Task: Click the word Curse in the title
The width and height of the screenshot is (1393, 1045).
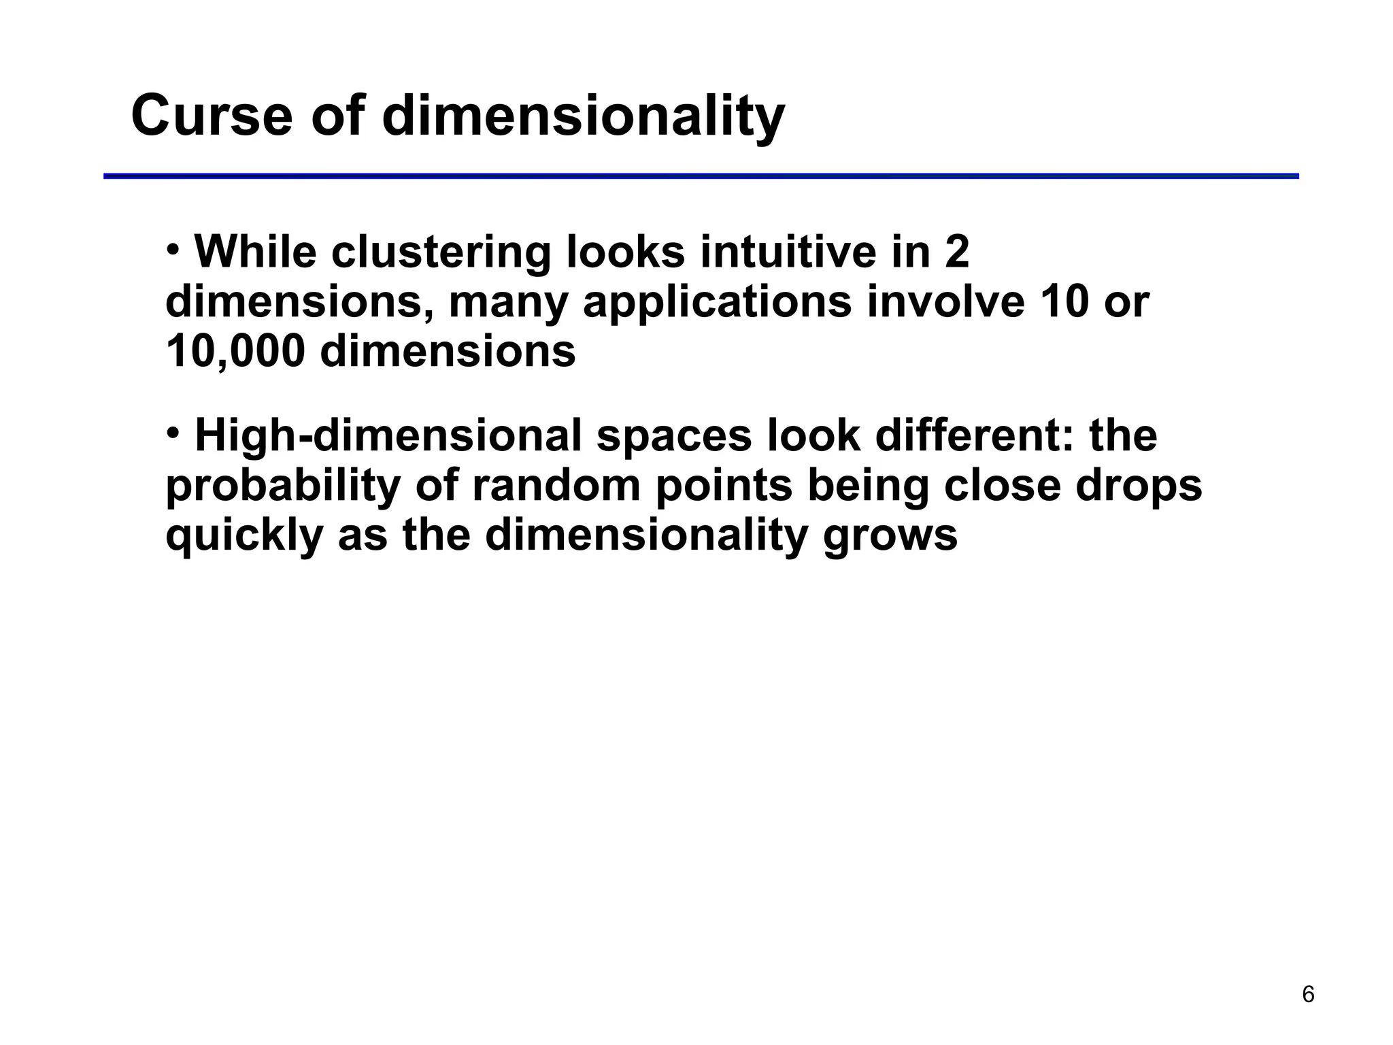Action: click(x=212, y=116)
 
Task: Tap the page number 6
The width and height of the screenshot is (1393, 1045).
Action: click(x=1308, y=995)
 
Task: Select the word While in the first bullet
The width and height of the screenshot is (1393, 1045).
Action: click(x=256, y=252)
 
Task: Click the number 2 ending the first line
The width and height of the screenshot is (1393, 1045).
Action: click(x=956, y=252)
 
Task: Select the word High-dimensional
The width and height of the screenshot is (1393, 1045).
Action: click(x=388, y=436)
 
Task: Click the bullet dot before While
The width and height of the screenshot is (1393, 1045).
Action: click(x=173, y=248)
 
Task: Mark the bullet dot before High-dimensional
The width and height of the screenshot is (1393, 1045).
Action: click(x=173, y=432)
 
